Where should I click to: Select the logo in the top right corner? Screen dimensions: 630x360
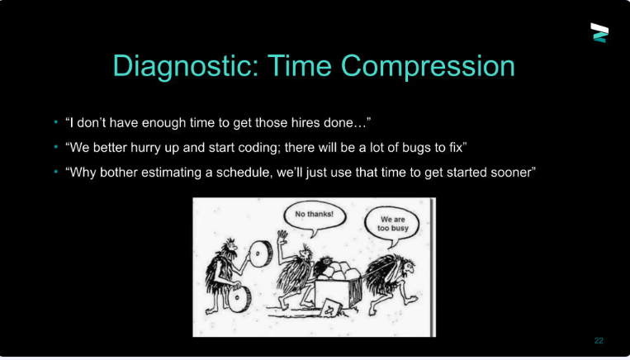tap(599, 32)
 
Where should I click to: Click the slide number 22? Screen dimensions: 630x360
tap(599, 341)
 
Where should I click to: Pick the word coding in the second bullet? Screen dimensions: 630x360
tap(257, 148)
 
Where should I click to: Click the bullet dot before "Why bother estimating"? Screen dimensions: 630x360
tap(56, 173)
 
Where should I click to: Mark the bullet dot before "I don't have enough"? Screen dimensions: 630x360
tap(56, 122)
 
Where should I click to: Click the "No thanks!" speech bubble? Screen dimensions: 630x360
tap(314, 217)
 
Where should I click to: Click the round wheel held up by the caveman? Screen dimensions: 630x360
tap(260, 255)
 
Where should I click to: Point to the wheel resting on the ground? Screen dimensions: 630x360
tap(240, 300)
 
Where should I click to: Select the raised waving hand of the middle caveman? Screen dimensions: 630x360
tap(282, 236)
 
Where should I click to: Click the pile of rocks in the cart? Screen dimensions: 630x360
tap(338, 271)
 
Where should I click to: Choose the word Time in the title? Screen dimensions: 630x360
tap(301, 66)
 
